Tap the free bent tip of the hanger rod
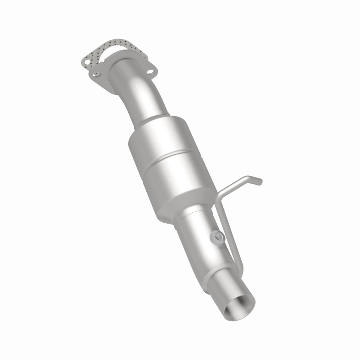tap(258, 181)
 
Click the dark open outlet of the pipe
tap(238, 308)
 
